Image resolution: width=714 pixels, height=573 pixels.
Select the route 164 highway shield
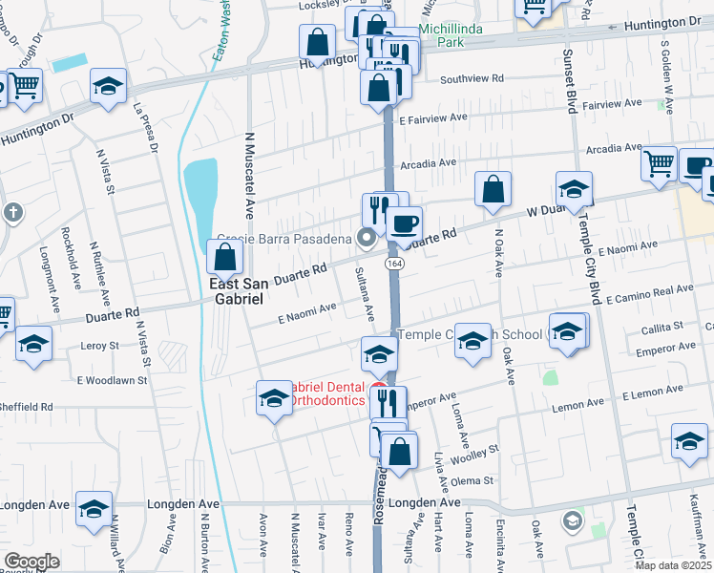click(x=392, y=262)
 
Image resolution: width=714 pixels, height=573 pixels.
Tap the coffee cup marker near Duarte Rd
click(x=404, y=223)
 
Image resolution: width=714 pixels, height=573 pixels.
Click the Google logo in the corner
click(x=31, y=562)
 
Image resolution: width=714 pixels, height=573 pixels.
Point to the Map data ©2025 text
click(x=673, y=565)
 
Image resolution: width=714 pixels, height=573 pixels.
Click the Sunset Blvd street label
click(x=569, y=81)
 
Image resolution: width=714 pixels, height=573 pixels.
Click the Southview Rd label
click(x=470, y=78)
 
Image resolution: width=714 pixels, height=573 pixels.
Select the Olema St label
click(x=473, y=480)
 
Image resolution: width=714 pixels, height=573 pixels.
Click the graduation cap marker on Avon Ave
click(x=273, y=398)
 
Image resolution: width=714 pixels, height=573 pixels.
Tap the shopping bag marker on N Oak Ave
click(x=493, y=190)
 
